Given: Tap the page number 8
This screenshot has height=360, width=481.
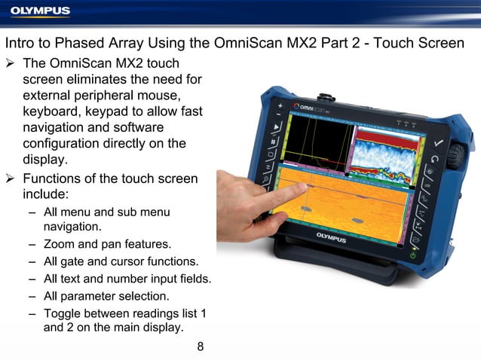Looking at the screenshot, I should pyautogui.click(x=201, y=346).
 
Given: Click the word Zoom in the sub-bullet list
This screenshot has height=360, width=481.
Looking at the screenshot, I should pyautogui.click(x=59, y=244).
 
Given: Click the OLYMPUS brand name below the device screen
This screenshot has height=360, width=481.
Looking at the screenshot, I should pyautogui.click(x=332, y=238).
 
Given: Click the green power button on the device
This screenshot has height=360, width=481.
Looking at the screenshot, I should pyautogui.click(x=412, y=256).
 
